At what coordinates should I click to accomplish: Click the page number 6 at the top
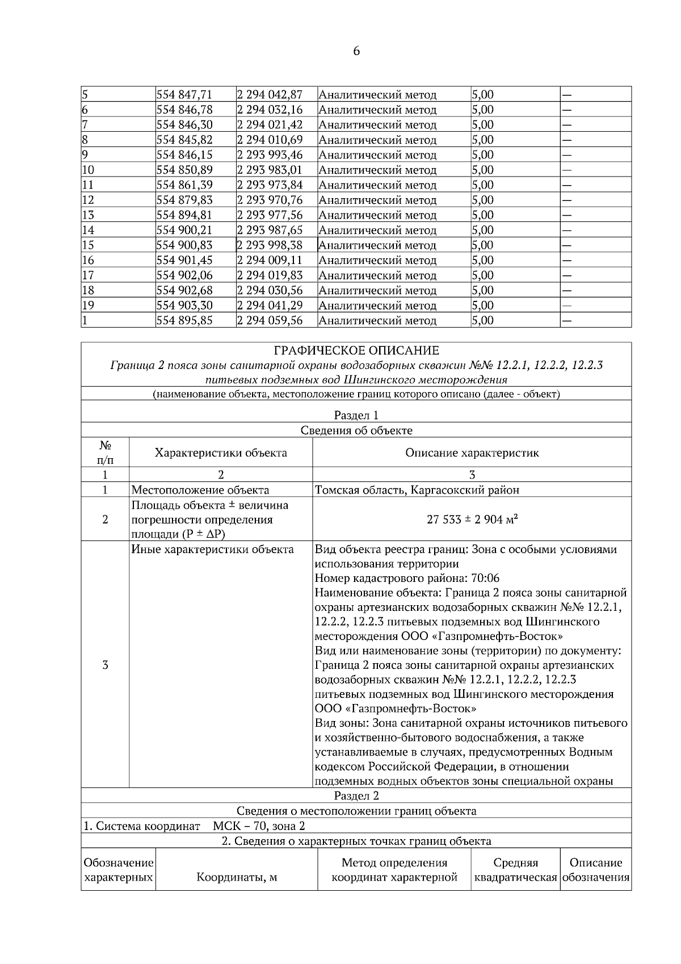pos(356,51)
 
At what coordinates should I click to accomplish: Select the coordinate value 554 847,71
pos(184,95)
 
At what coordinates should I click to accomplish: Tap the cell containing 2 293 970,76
pos(270,200)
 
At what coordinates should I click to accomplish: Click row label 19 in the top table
pos(88,305)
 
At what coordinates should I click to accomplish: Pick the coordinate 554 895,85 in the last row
pos(184,320)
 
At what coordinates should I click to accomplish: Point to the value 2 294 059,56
pos(270,320)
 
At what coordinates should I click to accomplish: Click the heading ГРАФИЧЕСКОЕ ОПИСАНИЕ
pos(356,350)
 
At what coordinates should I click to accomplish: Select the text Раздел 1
pos(356,416)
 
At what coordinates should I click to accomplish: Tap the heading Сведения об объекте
pos(356,430)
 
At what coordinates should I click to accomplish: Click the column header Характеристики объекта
pos(221,452)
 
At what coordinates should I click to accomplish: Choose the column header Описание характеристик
pos(472,452)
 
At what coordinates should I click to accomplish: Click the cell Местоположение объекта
pos(200,490)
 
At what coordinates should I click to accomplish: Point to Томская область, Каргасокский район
pos(417,490)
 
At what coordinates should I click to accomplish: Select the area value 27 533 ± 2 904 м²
pos(472,519)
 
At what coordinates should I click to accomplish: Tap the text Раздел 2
pos(356,796)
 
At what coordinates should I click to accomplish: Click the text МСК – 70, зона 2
pos(258,826)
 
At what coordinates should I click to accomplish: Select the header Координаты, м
pos(236,877)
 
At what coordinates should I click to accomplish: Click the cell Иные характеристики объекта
pos(212,550)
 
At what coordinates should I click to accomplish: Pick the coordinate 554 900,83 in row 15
pos(184,245)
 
